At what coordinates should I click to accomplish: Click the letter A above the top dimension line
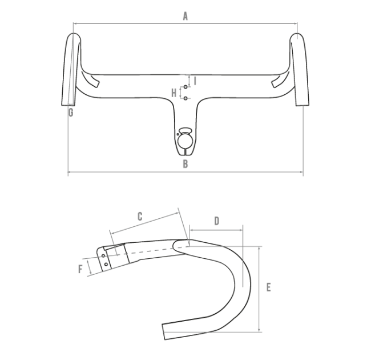tap(185, 17)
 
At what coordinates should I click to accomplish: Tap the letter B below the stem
tap(185, 164)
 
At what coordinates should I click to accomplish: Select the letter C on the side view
tap(139, 216)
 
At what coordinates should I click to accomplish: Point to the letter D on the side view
tap(216, 221)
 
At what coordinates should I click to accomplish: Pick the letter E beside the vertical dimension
tap(268, 287)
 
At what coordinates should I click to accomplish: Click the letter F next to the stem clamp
tap(80, 268)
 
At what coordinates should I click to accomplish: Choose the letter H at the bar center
tap(174, 92)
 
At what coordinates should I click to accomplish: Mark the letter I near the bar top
tap(195, 81)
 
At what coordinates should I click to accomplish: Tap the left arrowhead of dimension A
tap(74, 24)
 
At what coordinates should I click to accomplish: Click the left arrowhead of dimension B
tap(69, 171)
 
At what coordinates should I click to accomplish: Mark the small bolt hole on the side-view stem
tap(106, 263)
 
